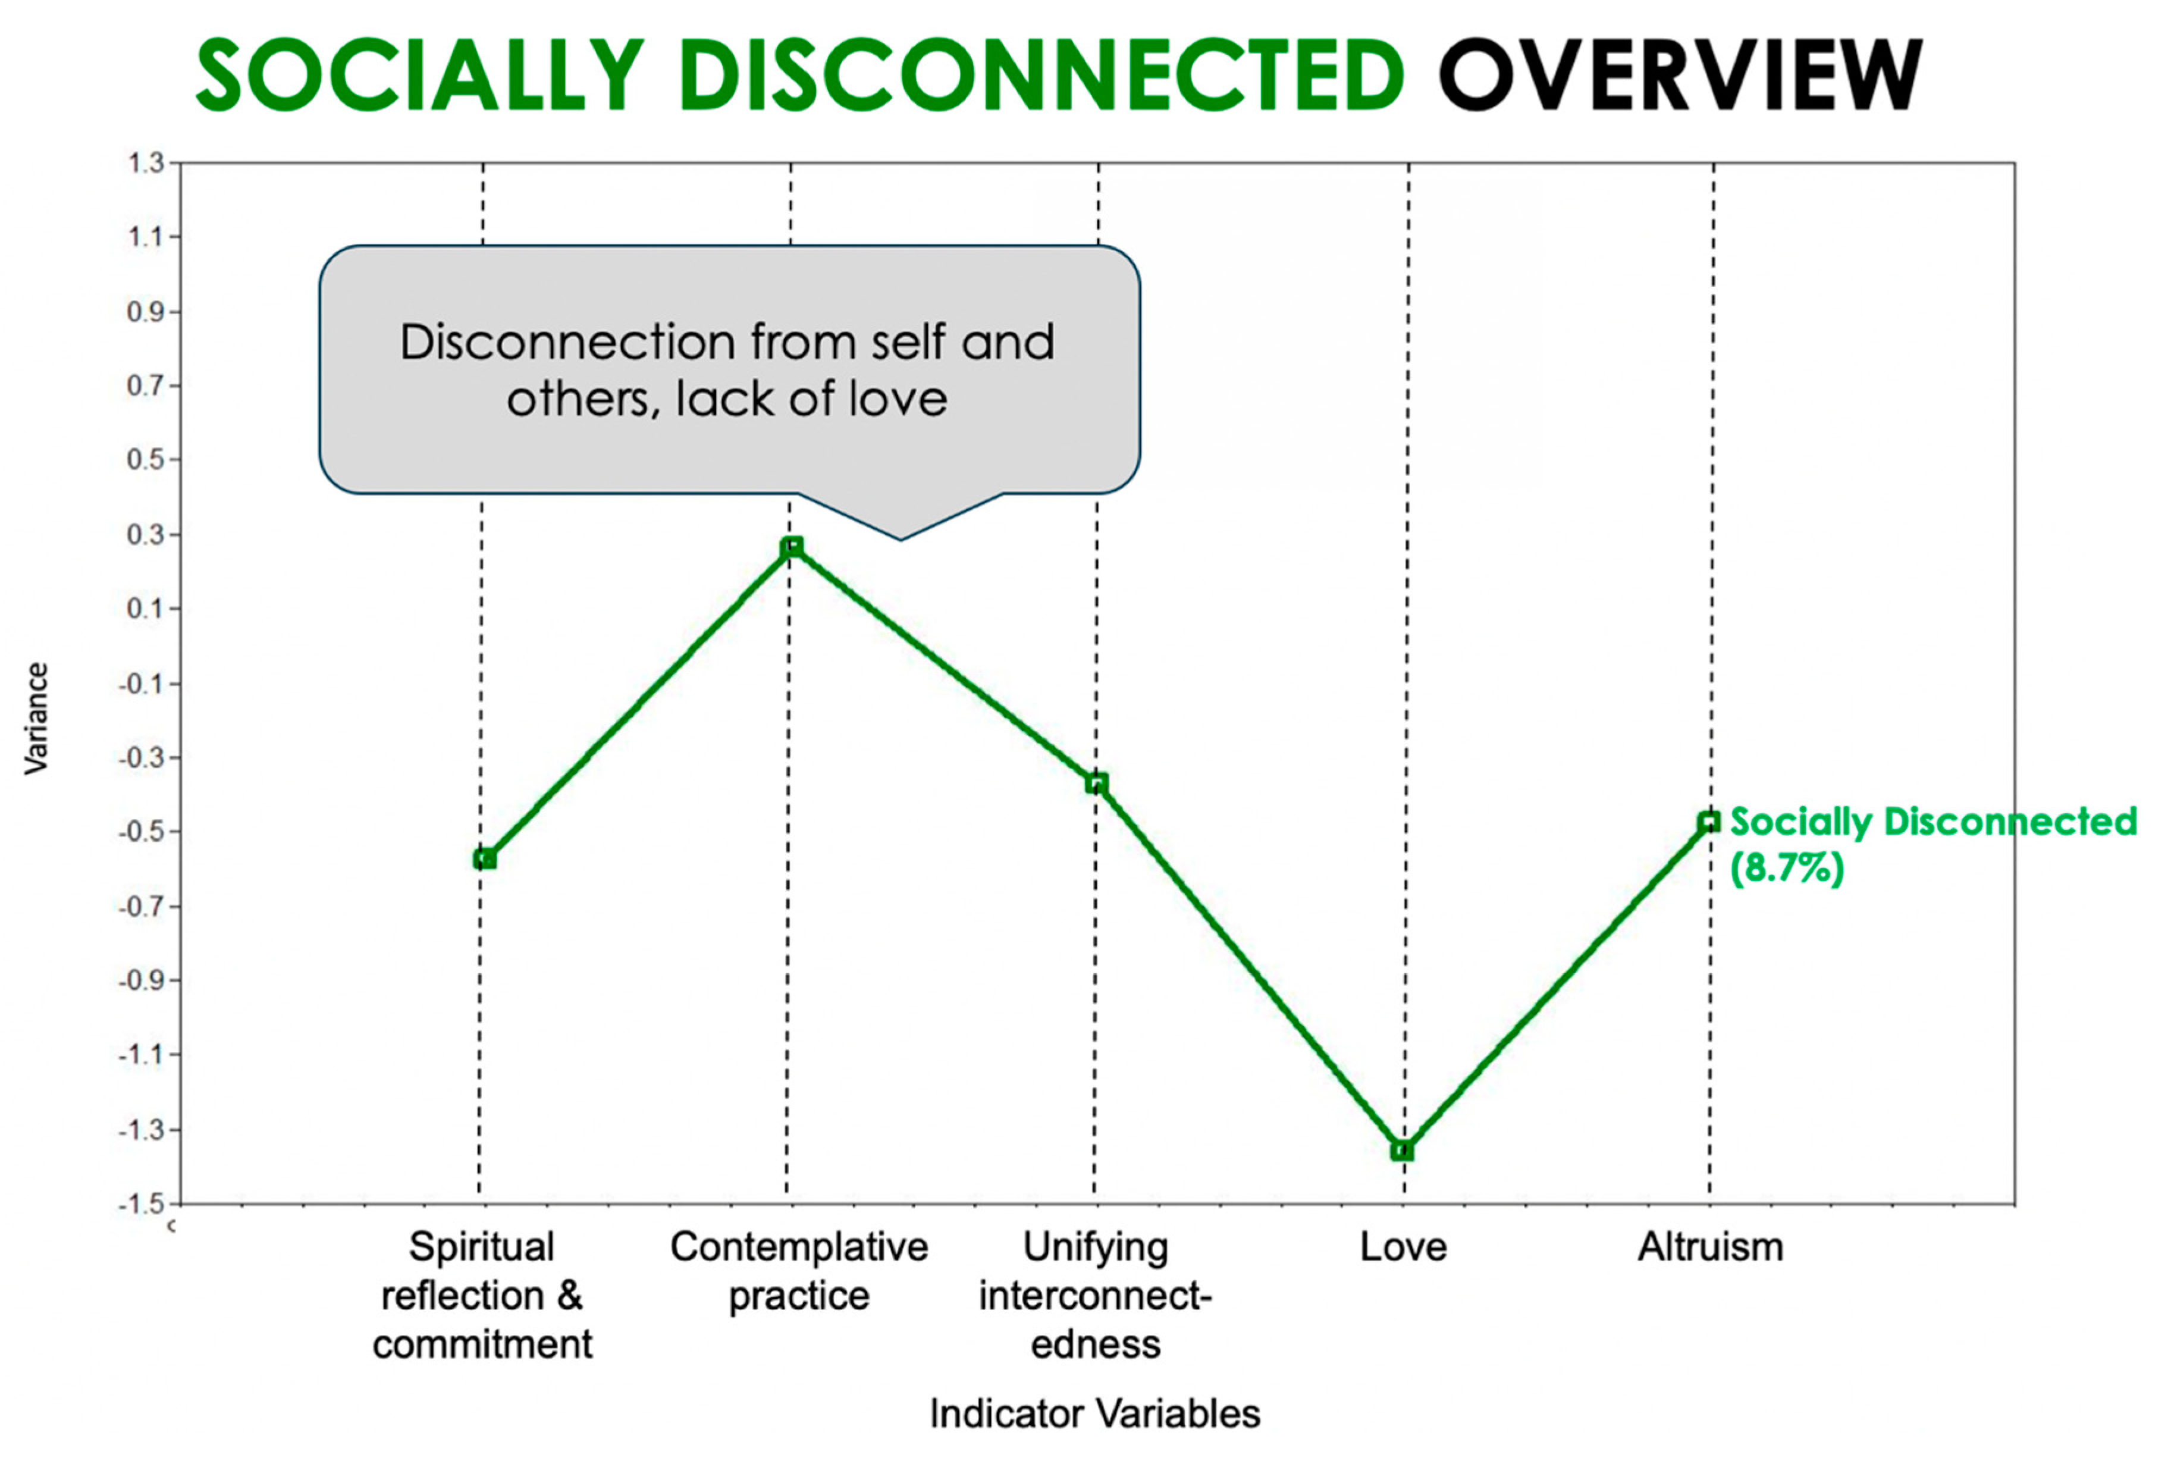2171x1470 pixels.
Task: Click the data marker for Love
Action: (x=1402, y=1151)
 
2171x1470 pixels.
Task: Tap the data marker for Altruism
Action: (x=1709, y=822)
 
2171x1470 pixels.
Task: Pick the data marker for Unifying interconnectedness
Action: (x=1097, y=783)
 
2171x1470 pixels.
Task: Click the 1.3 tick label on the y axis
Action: (x=145, y=164)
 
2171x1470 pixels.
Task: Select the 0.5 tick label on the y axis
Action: (x=145, y=460)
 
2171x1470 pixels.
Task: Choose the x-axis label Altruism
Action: (x=1711, y=1248)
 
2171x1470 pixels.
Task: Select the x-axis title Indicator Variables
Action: (x=1095, y=1414)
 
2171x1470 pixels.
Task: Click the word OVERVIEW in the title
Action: (x=1680, y=75)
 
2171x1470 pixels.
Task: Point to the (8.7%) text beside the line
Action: (x=1787, y=868)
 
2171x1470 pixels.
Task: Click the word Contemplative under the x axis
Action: (x=799, y=1248)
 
